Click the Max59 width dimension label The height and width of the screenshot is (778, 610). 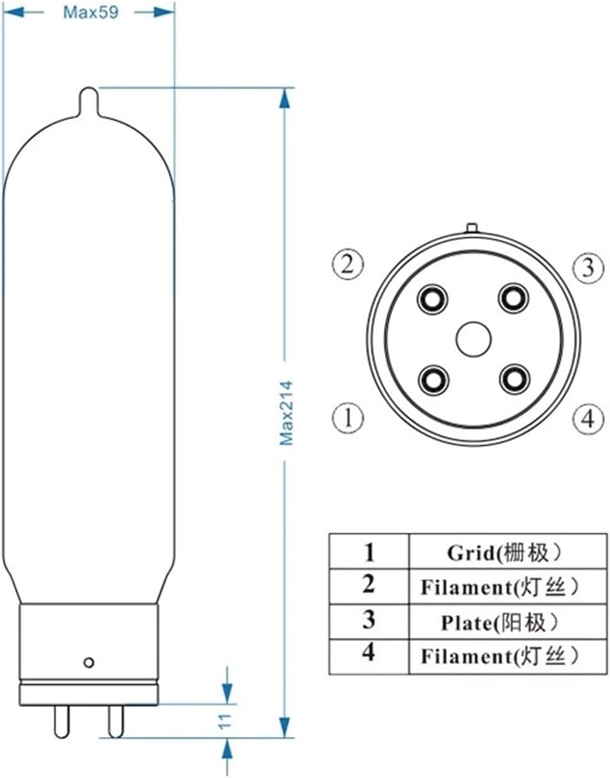[x=90, y=13]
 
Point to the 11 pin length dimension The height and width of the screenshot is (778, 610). [x=224, y=721]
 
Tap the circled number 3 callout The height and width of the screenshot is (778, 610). [x=587, y=268]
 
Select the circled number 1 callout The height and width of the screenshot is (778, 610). [x=348, y=418]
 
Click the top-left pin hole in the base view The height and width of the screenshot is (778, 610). [x=433, y=298]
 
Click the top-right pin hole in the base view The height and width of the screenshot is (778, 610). [x=514, y=298]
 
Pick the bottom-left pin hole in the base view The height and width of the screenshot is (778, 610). [x=433, y=380]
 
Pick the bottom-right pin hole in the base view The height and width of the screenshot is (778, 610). [x=514, y=380]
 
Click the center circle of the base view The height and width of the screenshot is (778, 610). [x=473, y=338]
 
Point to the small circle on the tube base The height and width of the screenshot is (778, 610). [x=89, y=663]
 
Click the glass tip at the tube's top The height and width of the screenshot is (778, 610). [x=89, y=100]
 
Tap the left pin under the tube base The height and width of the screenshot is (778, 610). [x=61, y=721]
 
